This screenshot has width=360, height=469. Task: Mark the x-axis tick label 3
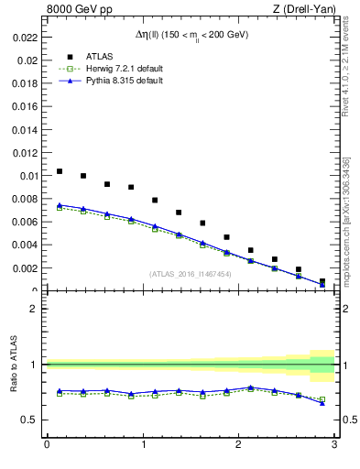click(334, 445)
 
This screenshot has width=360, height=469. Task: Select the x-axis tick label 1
click(142, 445)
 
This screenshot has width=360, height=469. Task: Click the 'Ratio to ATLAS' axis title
click(12, 365)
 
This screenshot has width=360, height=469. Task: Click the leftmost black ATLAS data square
click(60, 171)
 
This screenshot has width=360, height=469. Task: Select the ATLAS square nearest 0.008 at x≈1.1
click(155, 200)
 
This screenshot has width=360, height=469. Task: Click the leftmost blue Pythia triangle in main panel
click(60, 205)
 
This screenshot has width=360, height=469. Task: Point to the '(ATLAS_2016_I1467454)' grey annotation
click(190, 274)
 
